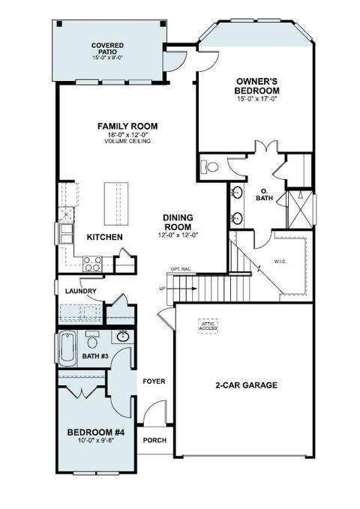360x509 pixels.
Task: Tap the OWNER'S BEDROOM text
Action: [x=258, y=85]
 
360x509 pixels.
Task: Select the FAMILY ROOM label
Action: [x=124, y=126]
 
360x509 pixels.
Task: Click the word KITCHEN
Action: [x=104, y=237]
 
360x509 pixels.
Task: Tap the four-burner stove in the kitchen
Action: [x=92, y=262]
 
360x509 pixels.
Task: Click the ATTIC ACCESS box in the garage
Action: [x=207, y=325]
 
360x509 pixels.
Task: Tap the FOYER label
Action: [x=154, y=382]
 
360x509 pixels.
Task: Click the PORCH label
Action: [x=154, y=440]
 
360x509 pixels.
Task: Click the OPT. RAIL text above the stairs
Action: [x=180, y=268]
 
